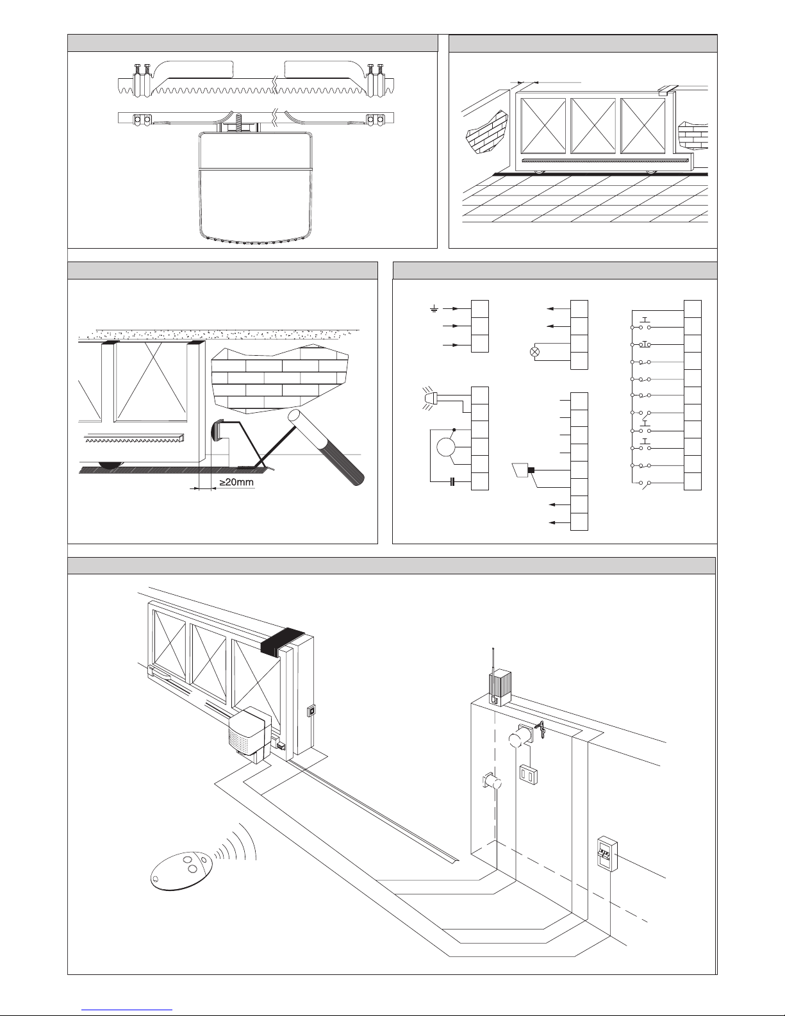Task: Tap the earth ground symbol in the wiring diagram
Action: click(434, 309)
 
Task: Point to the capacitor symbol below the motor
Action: click(452, 481)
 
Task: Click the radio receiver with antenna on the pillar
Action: click(499, 687)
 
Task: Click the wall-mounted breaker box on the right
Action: click(606, 853)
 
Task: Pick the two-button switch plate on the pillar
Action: click(527, 773)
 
